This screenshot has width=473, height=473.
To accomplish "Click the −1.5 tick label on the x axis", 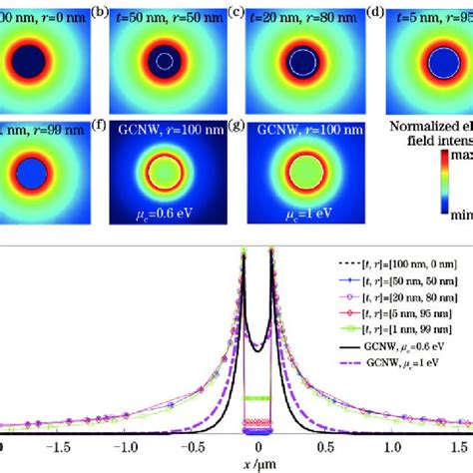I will [66, 449].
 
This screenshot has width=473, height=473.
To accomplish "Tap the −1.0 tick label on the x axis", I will [130, 449].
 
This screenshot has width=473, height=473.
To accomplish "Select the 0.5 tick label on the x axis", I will [324, 449].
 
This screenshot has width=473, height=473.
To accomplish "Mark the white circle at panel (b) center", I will [164, 60].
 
